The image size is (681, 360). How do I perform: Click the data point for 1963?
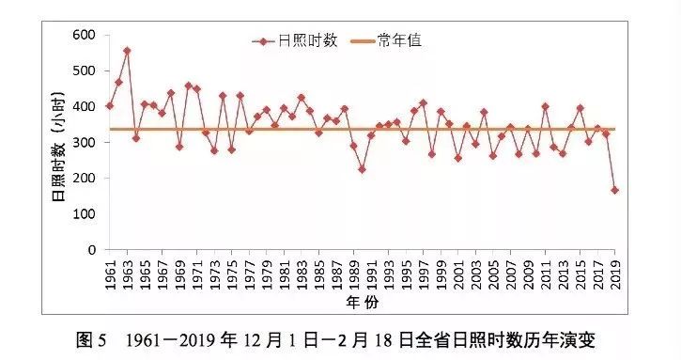point(127,51)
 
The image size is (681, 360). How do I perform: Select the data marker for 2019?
point(615,190)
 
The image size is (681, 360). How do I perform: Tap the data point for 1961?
point(110,105)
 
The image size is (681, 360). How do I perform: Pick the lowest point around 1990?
point(362,169)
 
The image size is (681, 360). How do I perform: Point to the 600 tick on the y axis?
point(85,35)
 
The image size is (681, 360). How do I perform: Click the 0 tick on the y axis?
point(92,250)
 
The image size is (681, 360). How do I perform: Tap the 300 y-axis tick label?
point(85,143)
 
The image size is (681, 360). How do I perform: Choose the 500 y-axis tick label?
point(85,70)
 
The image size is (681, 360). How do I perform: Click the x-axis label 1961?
point(110,273)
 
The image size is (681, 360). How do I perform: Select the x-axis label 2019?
point(615,273)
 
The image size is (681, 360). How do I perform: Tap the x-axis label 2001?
point(458,273)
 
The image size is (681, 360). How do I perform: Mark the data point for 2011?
point(546,107)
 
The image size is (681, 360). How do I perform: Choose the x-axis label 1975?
point(232,273)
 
